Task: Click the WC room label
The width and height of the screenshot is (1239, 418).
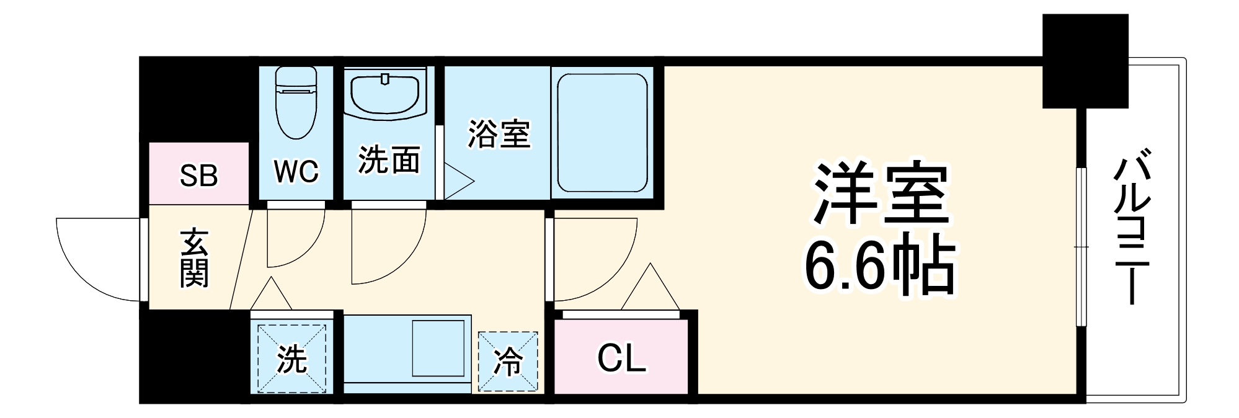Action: point(296,172)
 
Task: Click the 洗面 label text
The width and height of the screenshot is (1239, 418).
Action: point(389,161)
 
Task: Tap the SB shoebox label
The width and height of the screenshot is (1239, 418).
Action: point(198,176)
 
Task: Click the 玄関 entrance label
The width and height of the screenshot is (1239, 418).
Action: point(194,259)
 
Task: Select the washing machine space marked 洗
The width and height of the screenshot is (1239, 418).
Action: point(291,359)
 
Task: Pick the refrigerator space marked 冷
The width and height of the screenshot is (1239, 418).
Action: point(507,362)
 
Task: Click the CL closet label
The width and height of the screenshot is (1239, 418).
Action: point(621,358)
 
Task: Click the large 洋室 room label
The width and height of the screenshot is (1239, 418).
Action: point(881,194)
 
